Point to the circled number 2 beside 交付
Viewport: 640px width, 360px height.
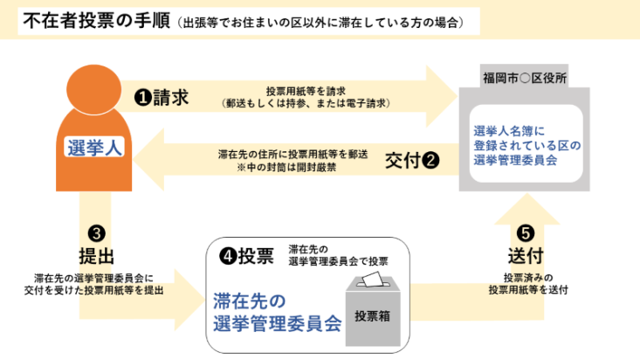pos(430,161)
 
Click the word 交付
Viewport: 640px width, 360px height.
pos(403,161)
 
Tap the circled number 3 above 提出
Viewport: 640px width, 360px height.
pos(97,233)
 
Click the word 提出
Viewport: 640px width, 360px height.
pos(97,255)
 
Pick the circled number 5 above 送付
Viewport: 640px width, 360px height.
pos(526,234)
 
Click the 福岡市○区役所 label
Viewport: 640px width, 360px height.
pos(525,79)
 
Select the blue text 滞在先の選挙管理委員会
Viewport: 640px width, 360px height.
pos(276,314)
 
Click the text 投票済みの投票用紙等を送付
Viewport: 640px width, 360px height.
pos(528,283)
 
